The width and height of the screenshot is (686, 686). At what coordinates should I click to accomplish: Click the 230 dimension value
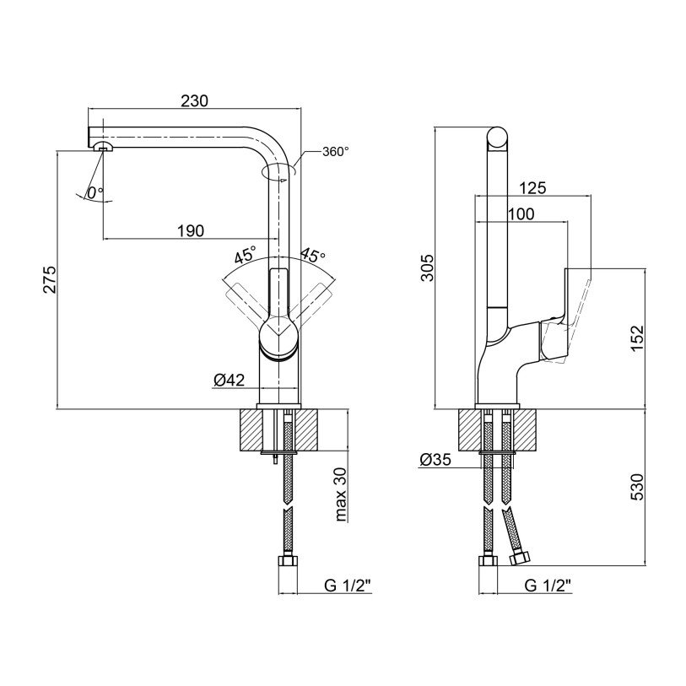[194, 100]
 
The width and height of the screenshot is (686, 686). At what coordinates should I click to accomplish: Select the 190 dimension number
[191, 231]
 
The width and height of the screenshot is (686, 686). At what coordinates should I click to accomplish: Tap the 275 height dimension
[49, 280]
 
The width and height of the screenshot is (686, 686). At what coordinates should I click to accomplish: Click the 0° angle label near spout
[95, 192]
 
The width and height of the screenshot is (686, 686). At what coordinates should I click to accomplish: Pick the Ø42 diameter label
[229, 381]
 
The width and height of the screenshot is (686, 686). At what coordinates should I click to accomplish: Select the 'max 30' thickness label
[341, 496]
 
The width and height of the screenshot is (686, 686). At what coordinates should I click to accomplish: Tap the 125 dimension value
[532, 188]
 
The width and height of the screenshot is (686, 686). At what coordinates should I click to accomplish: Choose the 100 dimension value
[521, 215]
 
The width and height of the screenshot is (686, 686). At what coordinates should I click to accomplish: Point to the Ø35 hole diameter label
[435, 460]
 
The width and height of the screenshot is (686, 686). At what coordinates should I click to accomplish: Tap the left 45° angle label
[246, 254]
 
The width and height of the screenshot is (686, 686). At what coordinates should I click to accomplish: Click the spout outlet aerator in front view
[104, 148]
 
